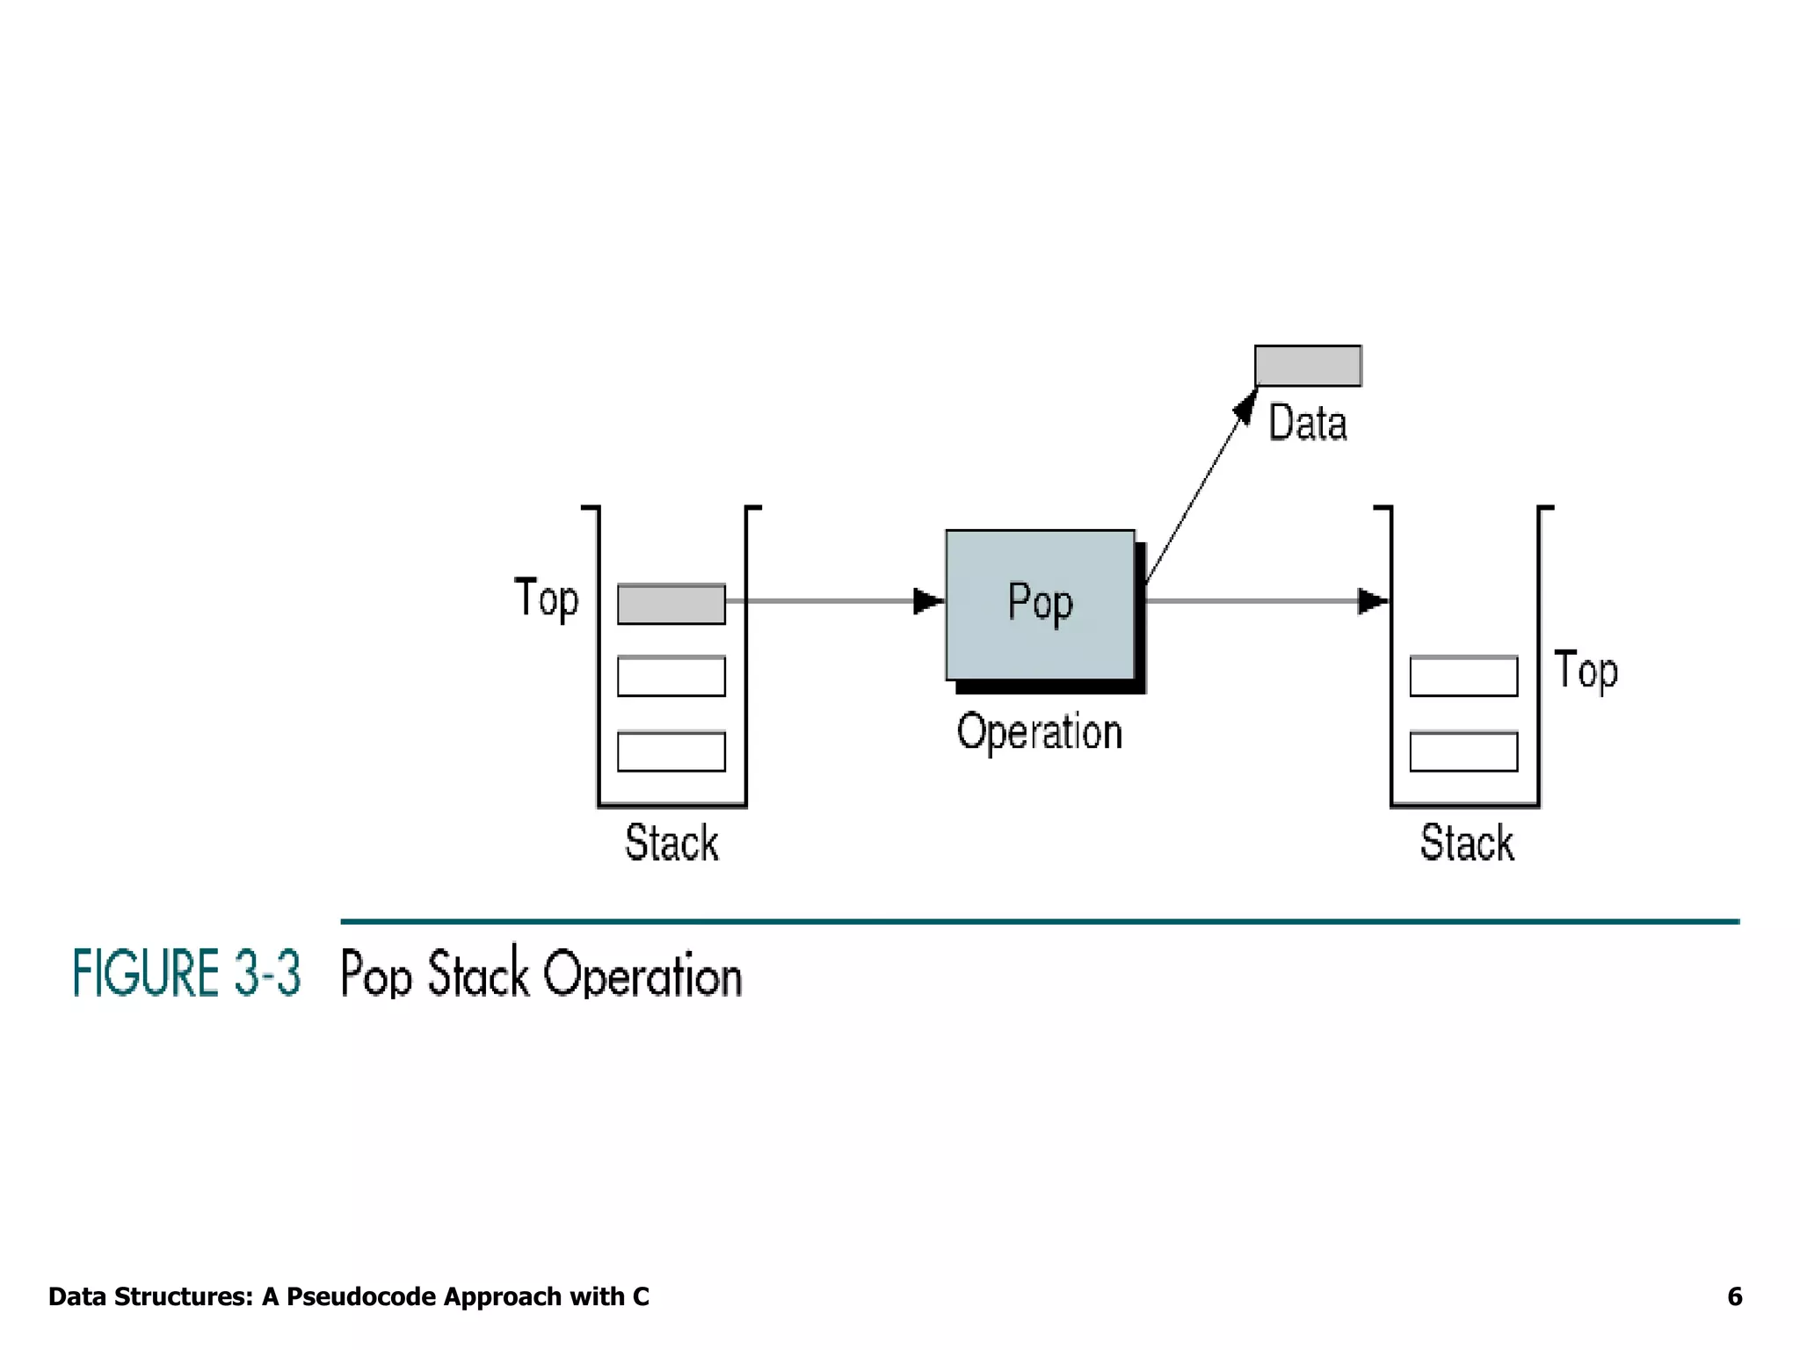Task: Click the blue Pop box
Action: (x=1040, y=605)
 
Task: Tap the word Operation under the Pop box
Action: (x=1040, y=732)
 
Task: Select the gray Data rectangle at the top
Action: (x=1308, y=366)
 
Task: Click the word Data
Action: (x=1307, y=423)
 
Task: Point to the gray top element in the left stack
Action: (x=671, y=604)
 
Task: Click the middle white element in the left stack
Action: (x=671, y=676)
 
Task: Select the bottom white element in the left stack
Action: (x=671, y=751)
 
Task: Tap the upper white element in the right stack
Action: (x=1463, y=676)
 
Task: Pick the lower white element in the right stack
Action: (x=1463, y=751)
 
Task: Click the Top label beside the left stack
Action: (x=547, y=599)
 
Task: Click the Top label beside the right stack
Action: (x=1586, y=671)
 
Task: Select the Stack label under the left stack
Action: (x=671, y=843)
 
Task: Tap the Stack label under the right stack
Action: (x=1467, y=843)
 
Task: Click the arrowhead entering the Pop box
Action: (x=927, y=601)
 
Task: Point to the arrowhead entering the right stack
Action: (x=1372, y=601)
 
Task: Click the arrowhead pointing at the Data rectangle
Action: (x=1245, y=407)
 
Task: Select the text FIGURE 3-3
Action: (x=186, y=973)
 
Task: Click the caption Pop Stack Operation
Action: (x=541, y=974)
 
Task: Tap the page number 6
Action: (x=1734, y=1296)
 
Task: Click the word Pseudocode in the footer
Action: (x=362, y=1296)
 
